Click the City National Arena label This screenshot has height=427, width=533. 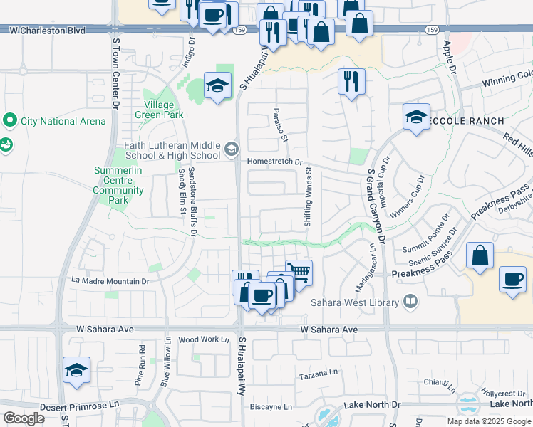63,121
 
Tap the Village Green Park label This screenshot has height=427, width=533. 159,110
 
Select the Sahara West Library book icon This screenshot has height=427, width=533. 410,302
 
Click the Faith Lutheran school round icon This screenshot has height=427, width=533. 231,149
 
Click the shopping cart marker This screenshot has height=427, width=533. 299,273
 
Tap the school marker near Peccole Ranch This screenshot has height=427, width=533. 416,117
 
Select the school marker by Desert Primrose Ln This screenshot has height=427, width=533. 76,370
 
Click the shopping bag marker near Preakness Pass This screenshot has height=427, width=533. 480,256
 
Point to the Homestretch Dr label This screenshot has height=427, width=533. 275,162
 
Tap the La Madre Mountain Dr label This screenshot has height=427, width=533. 110,281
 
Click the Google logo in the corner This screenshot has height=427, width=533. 24,418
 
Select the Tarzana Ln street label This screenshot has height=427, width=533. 318,374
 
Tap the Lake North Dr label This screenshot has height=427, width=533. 372,404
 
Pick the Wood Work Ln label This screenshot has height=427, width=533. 199,339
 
